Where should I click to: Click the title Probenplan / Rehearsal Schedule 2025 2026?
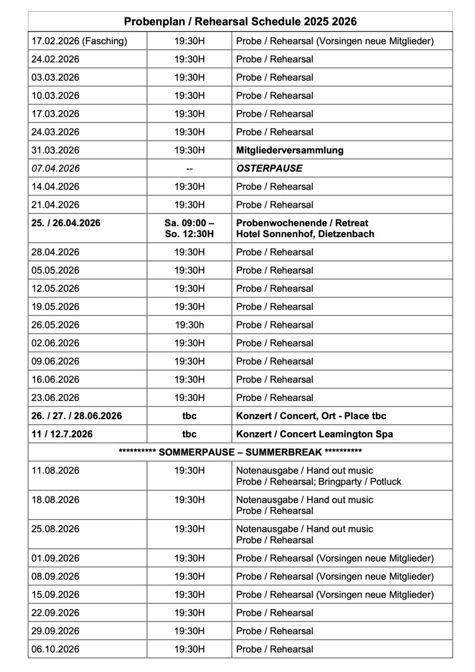coord(240,22)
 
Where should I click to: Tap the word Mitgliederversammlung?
coord(290,150)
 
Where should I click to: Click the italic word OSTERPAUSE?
coord(269,169)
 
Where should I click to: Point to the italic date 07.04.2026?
coord(56,169)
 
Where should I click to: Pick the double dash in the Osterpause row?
coord(189,169)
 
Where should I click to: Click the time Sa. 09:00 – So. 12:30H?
coord(189,228)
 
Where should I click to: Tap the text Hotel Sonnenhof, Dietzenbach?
coord(305,234)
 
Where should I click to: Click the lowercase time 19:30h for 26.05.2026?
coord(189,325)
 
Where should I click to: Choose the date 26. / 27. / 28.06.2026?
coord(77,416)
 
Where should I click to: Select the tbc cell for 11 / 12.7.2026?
coord(189,434)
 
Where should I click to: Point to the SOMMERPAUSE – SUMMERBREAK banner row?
coord(240,452)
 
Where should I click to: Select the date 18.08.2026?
coord(56,499)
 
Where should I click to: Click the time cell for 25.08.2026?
coord(189,529)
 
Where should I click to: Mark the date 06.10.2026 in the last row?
coord(56,649)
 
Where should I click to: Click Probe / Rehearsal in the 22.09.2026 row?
coord(275,613)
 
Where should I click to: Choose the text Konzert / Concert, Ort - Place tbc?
coord(311,416)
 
